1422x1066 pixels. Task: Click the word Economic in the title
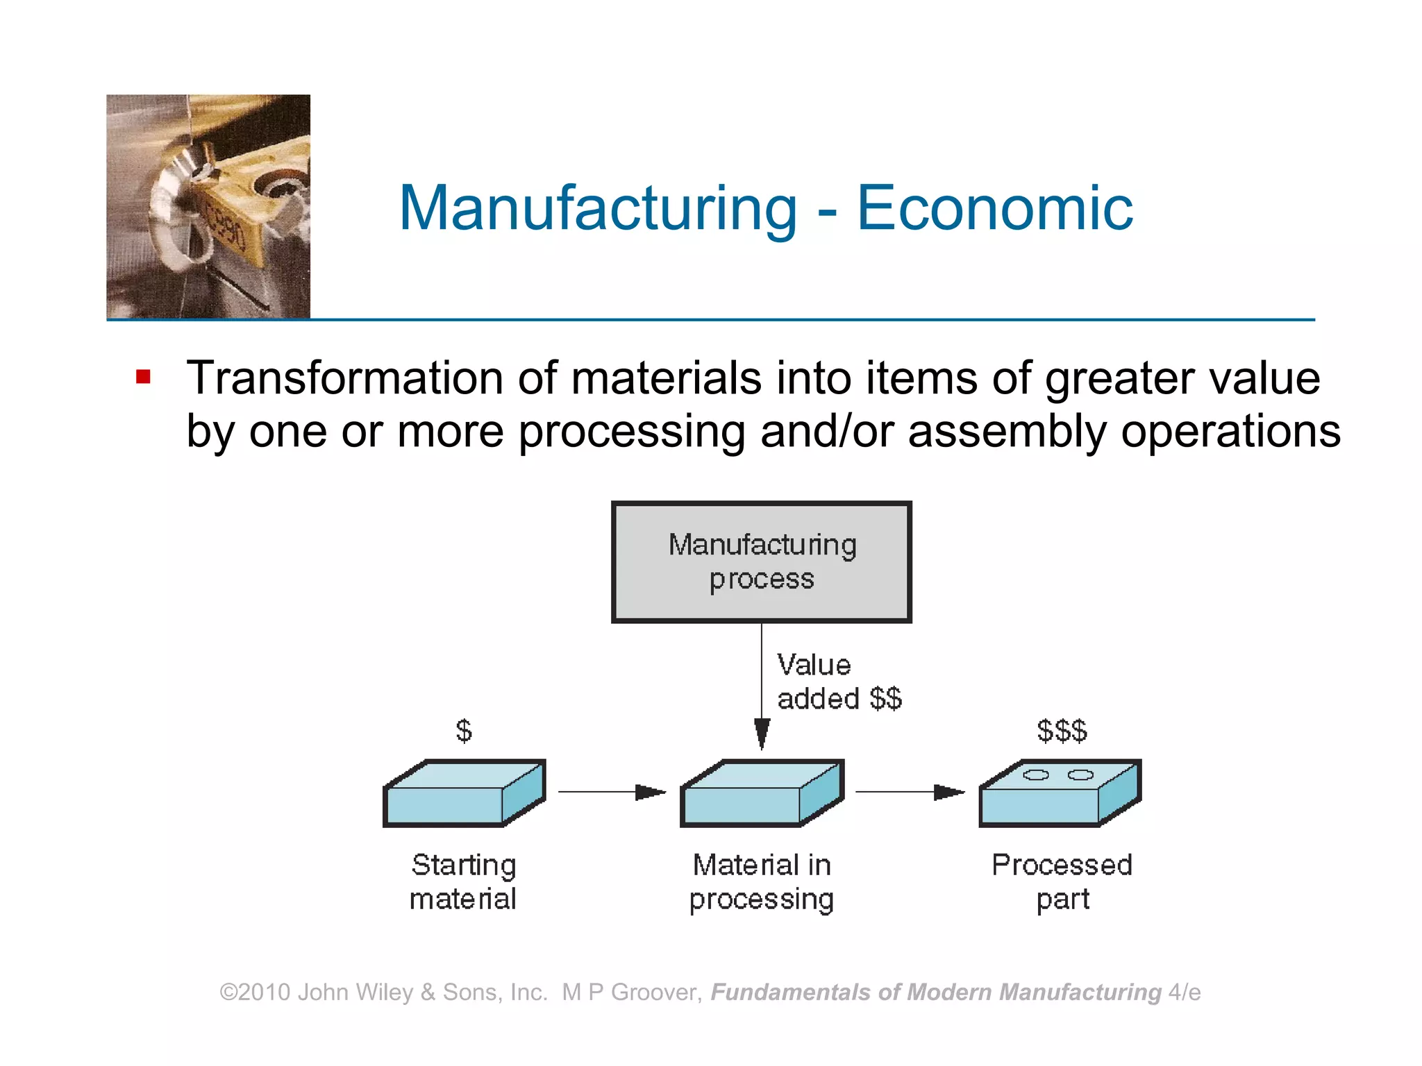[x=994, y=208]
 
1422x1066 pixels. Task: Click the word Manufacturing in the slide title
[x=599, y=208]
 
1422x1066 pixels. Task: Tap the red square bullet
[x=144, y=377]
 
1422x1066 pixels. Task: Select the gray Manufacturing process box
[x=761, y=561]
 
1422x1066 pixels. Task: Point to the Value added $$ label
[x=838, y=682]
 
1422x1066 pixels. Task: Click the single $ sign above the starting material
[x=464, y=731]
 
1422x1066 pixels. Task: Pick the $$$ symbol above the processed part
[x=1062, y=731]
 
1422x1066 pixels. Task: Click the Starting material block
[x=464, y=794]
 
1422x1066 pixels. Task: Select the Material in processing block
[x=762, y=794]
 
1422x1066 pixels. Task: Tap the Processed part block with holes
[x=1060, y=794]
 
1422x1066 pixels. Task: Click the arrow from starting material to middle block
[x=611, y=792]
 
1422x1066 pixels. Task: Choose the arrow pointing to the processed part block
[x=910, y=792]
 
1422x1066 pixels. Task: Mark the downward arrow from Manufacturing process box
[x=762, y=687]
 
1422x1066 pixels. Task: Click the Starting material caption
[x=463, y=881]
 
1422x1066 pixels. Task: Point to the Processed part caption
[x=1062, y=881]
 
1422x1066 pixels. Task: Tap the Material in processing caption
[x=762, y=881]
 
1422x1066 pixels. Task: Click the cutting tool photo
[x=208, y=206]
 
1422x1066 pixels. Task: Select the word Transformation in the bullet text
[x=345, y=378]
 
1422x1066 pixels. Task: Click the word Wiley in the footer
[x=384, y=992]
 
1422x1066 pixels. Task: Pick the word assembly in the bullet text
[x=1006, y=431]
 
